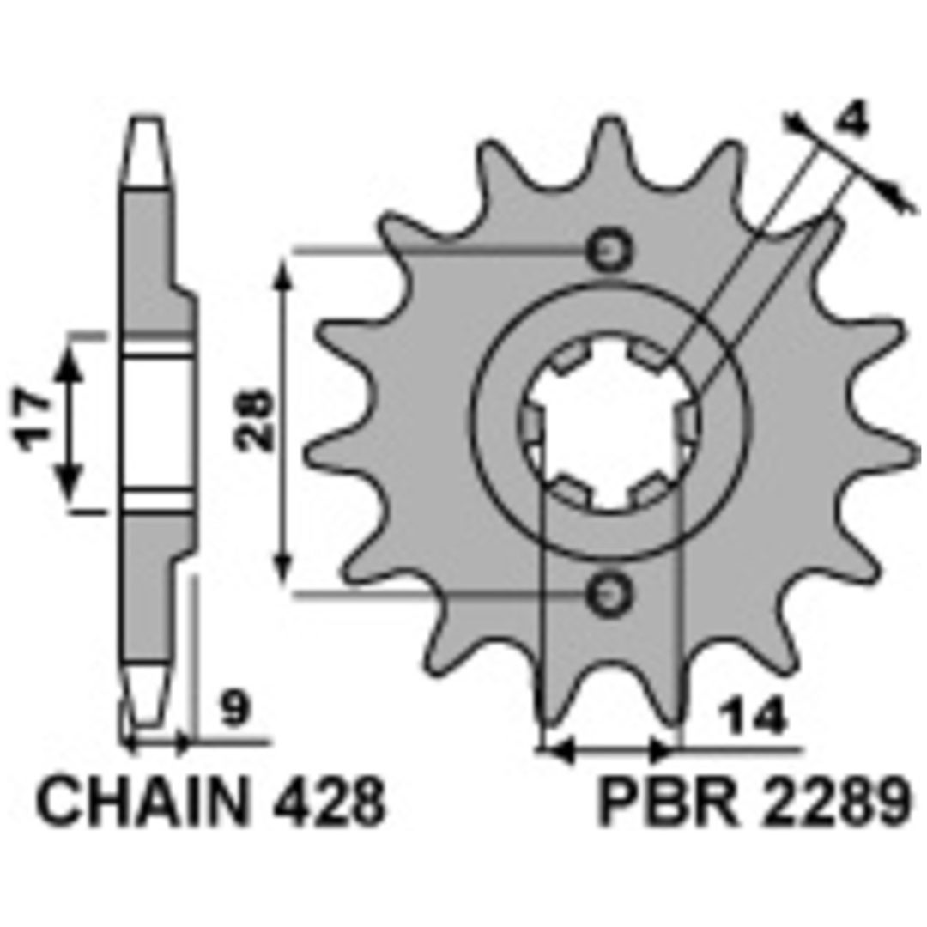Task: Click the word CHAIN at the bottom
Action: [x=142, y=803]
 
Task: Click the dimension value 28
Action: [x=255, y=419]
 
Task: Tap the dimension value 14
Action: [x=753, y=716]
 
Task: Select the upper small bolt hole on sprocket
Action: [x=609, y=251]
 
